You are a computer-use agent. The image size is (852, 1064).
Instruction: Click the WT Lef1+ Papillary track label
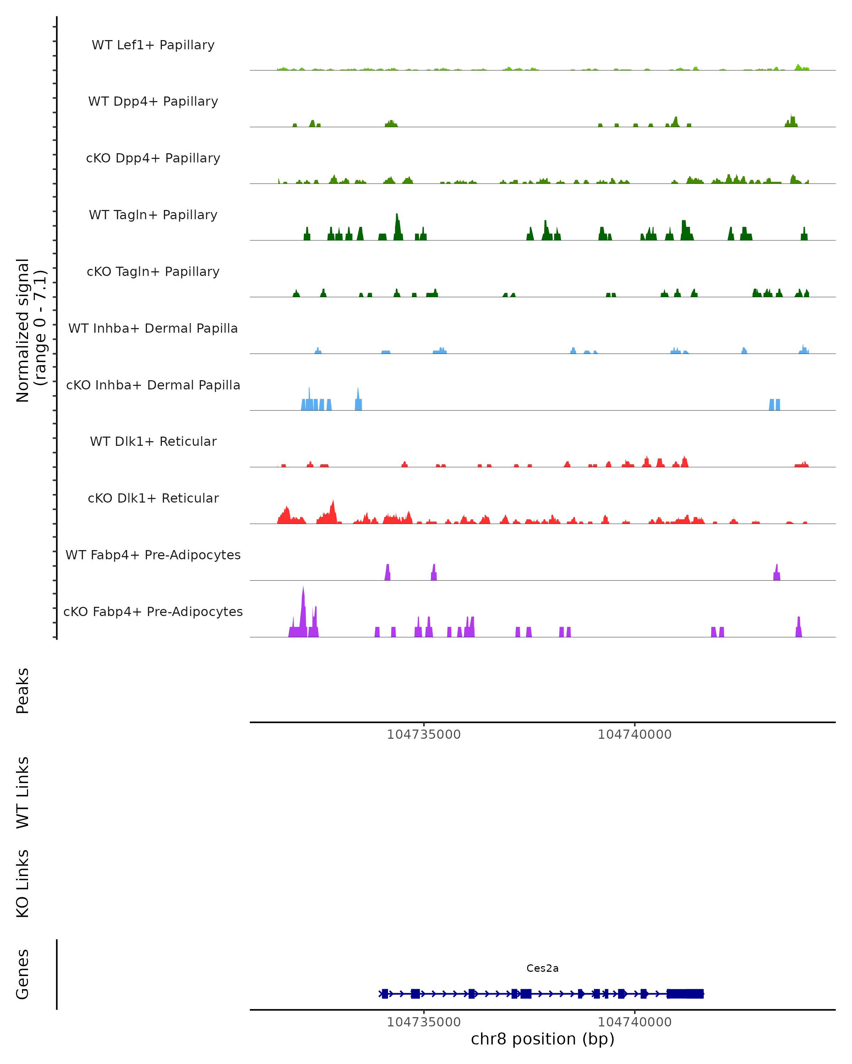coord(153,45)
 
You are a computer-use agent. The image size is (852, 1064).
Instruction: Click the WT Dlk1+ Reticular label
coord(153,441)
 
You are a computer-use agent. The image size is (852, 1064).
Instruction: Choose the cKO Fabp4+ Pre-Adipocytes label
coord(153,611)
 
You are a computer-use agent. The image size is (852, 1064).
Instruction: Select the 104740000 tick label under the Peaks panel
coord(635,735)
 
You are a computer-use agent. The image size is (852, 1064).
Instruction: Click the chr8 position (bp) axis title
coord(542,1039)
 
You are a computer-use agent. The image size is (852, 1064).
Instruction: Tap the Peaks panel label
coord(23,691)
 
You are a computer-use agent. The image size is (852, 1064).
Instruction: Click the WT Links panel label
coord(23,792)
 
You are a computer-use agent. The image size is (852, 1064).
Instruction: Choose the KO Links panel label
coord(23,883)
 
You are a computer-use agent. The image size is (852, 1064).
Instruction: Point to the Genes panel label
coord(23,974)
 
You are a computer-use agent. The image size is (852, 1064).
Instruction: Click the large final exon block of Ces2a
coord(685,993)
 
